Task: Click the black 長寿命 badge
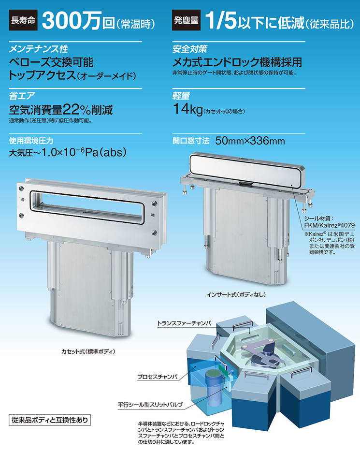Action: point(23,20)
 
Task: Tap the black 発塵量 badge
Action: point(186,20)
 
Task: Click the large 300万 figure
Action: point(72,21)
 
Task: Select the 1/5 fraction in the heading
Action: point(221,21)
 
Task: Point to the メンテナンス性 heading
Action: point(38,49)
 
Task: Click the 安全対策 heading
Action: point(189,49)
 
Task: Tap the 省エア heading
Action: point(22,96)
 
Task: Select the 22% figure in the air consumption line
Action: point(77,110)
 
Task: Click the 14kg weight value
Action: point(187,109)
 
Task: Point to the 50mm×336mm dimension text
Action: point(250,141)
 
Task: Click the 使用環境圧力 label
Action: point(31,141)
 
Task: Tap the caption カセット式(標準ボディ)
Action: point(88,351)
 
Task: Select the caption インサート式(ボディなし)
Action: point(236,294)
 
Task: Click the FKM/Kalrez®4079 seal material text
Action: point(330,225)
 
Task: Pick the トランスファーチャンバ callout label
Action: point(184,323)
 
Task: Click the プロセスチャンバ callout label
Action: point(158,377)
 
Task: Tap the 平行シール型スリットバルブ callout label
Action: point(150,405)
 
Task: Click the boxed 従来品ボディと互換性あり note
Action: point(50,420)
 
